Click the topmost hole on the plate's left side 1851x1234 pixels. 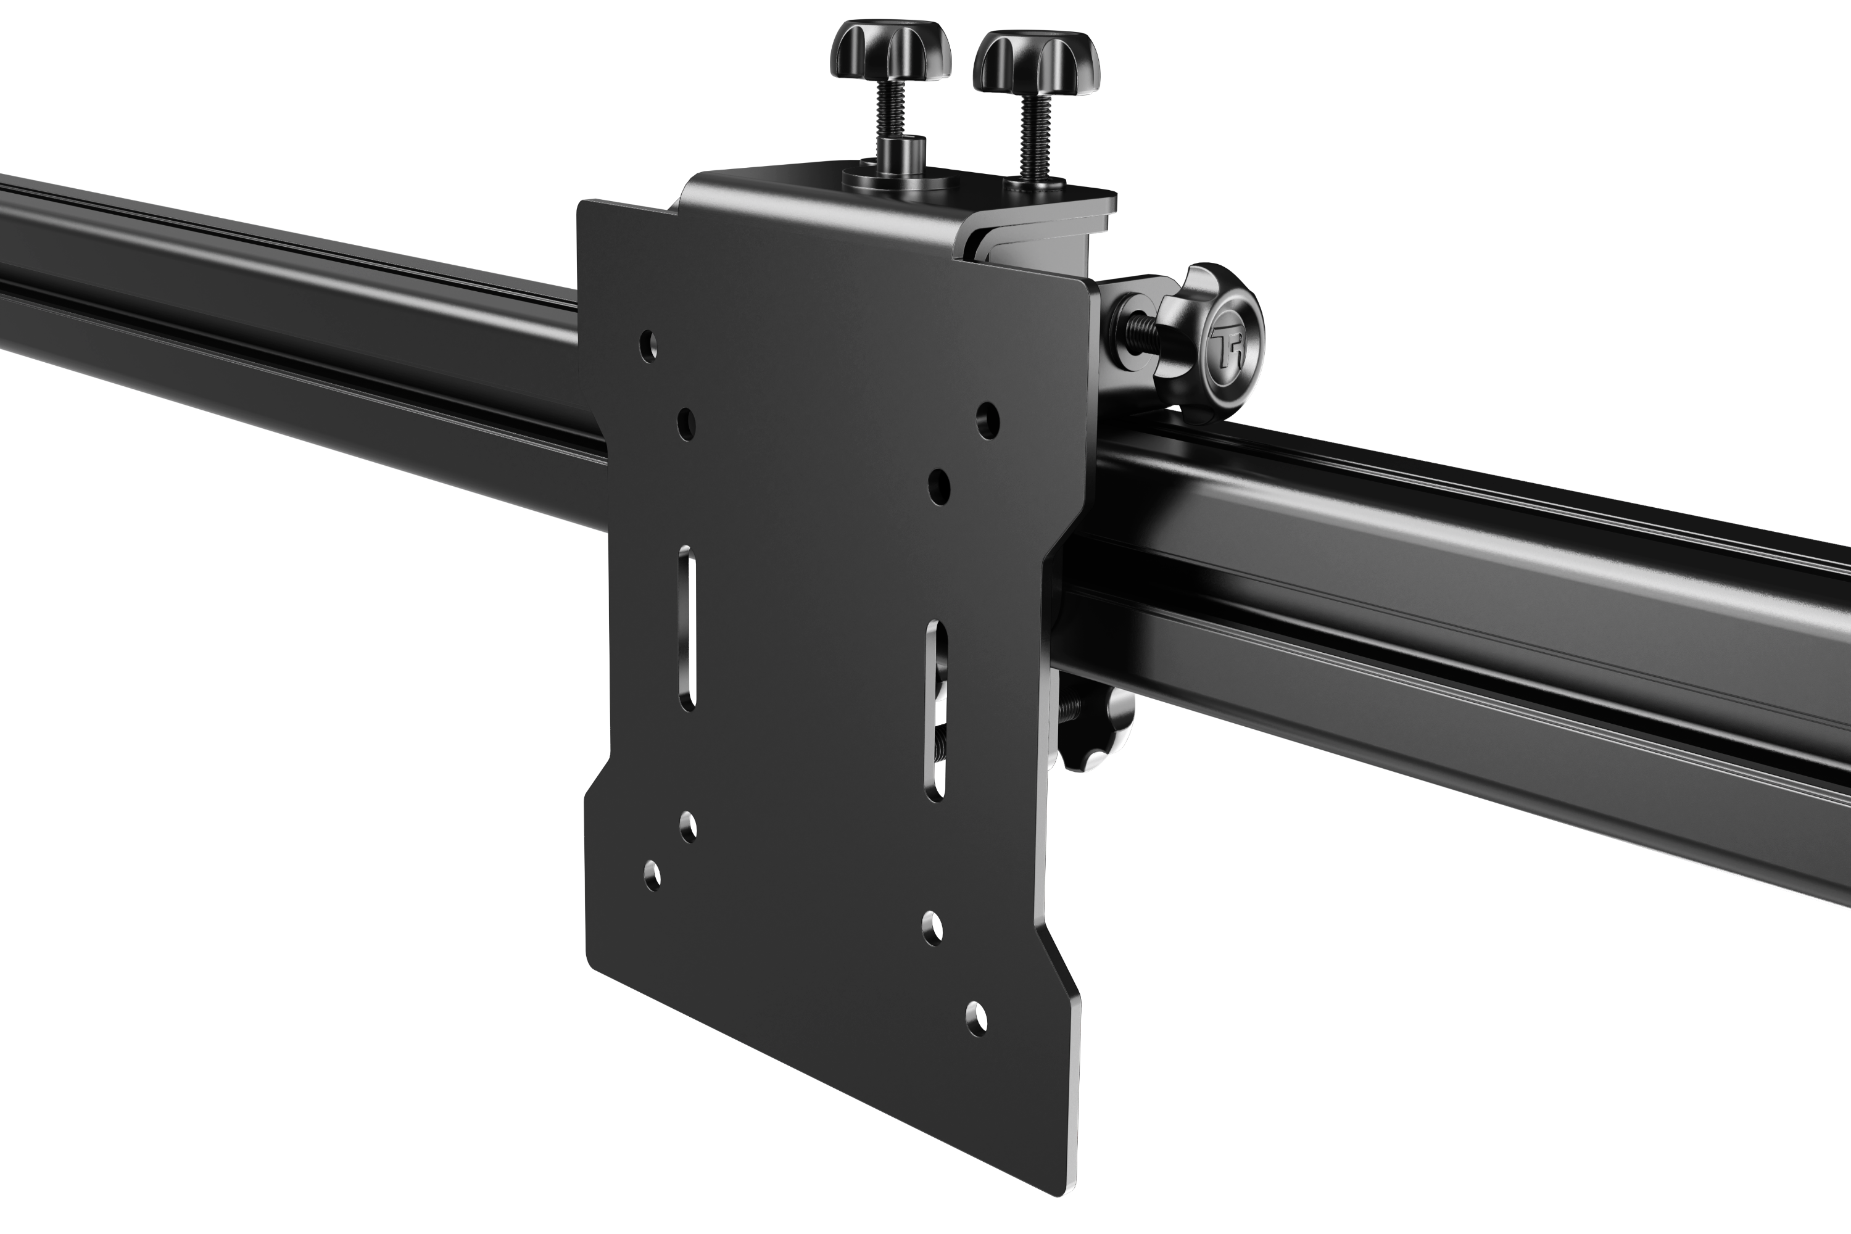648,346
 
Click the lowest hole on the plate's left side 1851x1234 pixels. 652,875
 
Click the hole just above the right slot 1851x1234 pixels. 938,486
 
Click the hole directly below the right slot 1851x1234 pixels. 932,928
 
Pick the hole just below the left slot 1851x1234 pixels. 688,827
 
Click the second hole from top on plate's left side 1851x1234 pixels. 686,423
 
